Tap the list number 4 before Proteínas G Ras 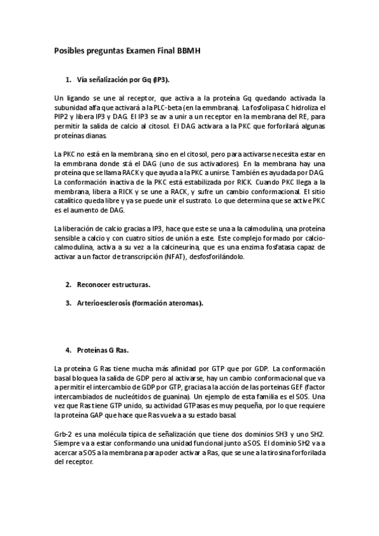(68, 350)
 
